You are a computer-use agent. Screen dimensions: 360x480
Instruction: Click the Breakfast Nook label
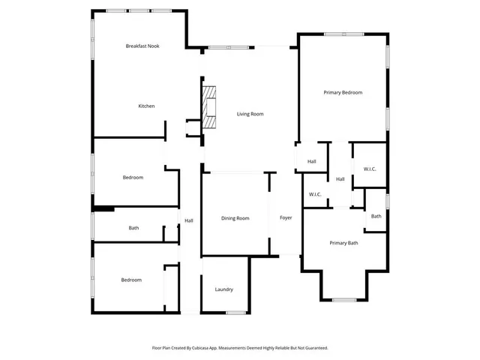coord(142,46)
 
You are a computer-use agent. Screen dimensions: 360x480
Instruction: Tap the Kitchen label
coord(146,106)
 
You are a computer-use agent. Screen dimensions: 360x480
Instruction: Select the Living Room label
coord(250,114)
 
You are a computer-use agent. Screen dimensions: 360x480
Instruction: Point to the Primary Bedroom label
coord(343,92)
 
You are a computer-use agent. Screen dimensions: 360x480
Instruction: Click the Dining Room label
coord(235,218)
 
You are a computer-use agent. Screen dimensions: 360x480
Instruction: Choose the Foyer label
coord(286,218)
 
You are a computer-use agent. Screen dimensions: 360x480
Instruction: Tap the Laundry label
coord(223,289)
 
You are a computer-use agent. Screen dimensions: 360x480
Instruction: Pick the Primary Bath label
coord(343,243)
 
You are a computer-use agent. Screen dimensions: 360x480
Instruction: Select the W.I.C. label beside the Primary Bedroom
coord(370,169)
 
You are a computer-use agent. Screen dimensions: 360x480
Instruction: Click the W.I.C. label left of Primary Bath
coord(315,195)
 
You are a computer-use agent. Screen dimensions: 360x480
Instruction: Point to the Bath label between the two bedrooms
coord(133,228)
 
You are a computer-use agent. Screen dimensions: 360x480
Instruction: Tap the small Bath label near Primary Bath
coord(376,216)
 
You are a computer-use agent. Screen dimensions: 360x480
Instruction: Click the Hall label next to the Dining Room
coord(189,220)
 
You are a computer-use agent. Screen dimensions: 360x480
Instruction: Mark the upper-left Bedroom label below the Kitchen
coord(133,178)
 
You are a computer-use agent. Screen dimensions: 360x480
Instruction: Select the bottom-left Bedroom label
coord(131,280)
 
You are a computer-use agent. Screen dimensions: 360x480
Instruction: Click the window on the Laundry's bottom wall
coord(237,312)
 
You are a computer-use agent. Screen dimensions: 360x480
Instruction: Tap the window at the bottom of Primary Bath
coord(343,300)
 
